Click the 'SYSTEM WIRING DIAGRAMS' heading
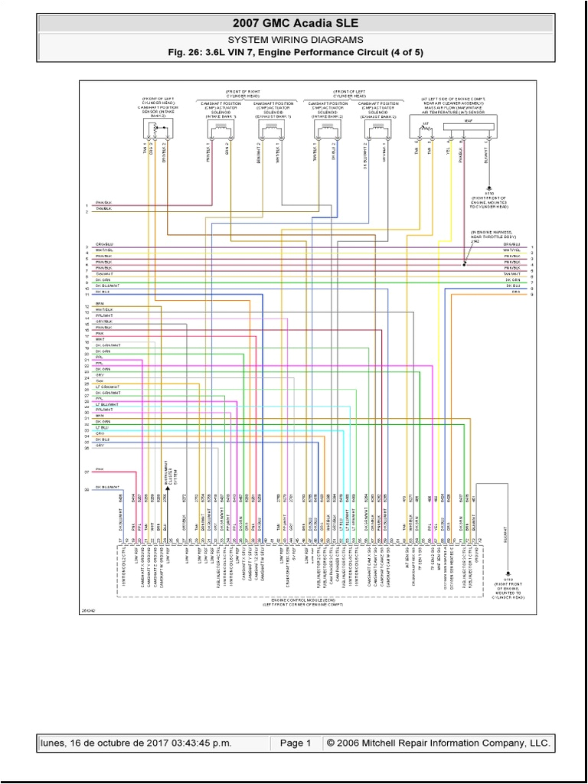294,40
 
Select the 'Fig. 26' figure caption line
294,52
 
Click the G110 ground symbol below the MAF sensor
488,186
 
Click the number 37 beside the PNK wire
87,471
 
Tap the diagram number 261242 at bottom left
90,610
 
